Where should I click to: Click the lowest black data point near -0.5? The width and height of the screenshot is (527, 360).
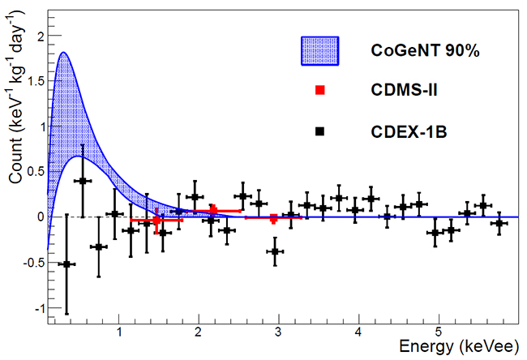[x=66, y=264]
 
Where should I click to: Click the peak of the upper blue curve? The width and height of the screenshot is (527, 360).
[x=62, y=54]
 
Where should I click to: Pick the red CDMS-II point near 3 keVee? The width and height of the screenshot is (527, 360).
[x=274, y=218]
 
